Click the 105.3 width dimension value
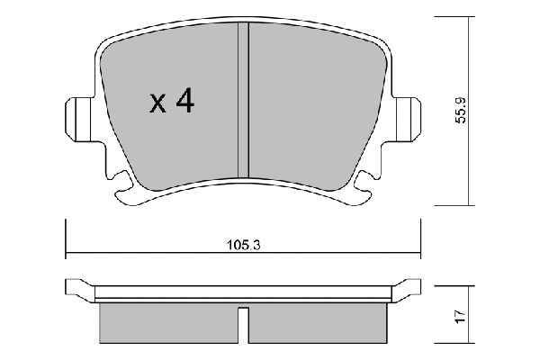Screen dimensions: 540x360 (243, 246)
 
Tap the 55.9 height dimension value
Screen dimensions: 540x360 (461, 110)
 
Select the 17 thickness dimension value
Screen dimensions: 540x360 (461, 316)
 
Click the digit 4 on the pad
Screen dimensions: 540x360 (184, 101)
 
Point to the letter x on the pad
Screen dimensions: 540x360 (157, 104)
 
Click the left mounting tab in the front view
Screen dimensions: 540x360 (79, 119)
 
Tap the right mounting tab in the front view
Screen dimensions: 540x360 (407, 119)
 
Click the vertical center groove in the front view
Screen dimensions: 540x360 (243, 100)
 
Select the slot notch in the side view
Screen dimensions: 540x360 (243, 325)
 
